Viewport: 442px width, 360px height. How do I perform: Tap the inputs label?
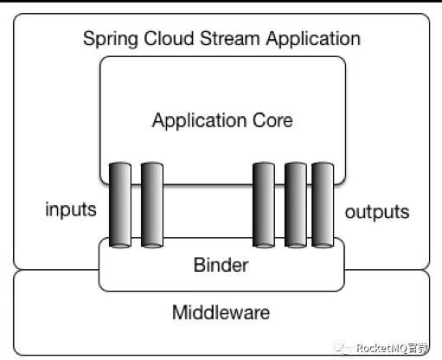(x=70, y=210)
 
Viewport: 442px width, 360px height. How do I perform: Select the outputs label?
(x=377, y=211)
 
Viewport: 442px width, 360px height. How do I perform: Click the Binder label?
(x=221, y=265)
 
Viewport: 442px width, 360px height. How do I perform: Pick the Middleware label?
(x=221, y=312)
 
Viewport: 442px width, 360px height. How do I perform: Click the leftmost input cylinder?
(x=120, y=205)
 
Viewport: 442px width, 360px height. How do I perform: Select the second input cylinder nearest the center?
(x=152, y=205)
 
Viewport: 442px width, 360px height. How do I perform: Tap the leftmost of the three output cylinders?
(x=264, y=205)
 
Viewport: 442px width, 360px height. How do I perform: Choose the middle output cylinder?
(x=295, y=205)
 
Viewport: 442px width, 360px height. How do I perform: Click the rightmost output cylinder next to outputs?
(x=323, y=205)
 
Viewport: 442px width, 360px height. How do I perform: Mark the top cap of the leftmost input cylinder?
(x=120, y=165)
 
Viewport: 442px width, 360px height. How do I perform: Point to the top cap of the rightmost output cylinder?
(x=323, y=165)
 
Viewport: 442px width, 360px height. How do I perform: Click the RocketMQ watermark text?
(x=381, y=348)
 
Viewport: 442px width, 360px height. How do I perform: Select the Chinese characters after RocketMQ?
(x=420, y=348)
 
